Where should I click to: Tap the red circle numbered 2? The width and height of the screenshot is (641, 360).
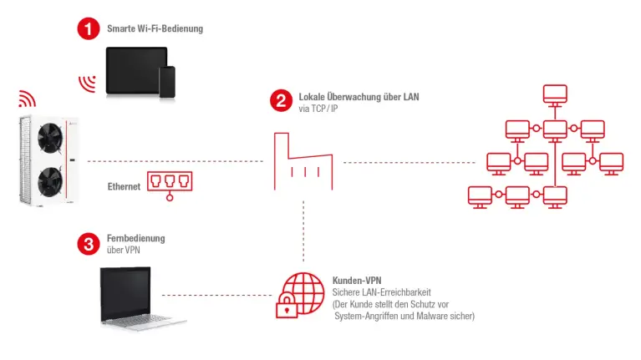(281, 101)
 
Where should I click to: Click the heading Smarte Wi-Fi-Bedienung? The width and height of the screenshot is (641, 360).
(155, 29)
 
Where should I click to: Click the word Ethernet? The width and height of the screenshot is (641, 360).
(124, 187)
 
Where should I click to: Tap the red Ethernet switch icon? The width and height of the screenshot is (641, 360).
(169, 184)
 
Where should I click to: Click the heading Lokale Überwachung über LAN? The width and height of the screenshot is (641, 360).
(359, 98)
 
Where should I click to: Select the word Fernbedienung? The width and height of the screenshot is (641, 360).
(135, 238)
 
